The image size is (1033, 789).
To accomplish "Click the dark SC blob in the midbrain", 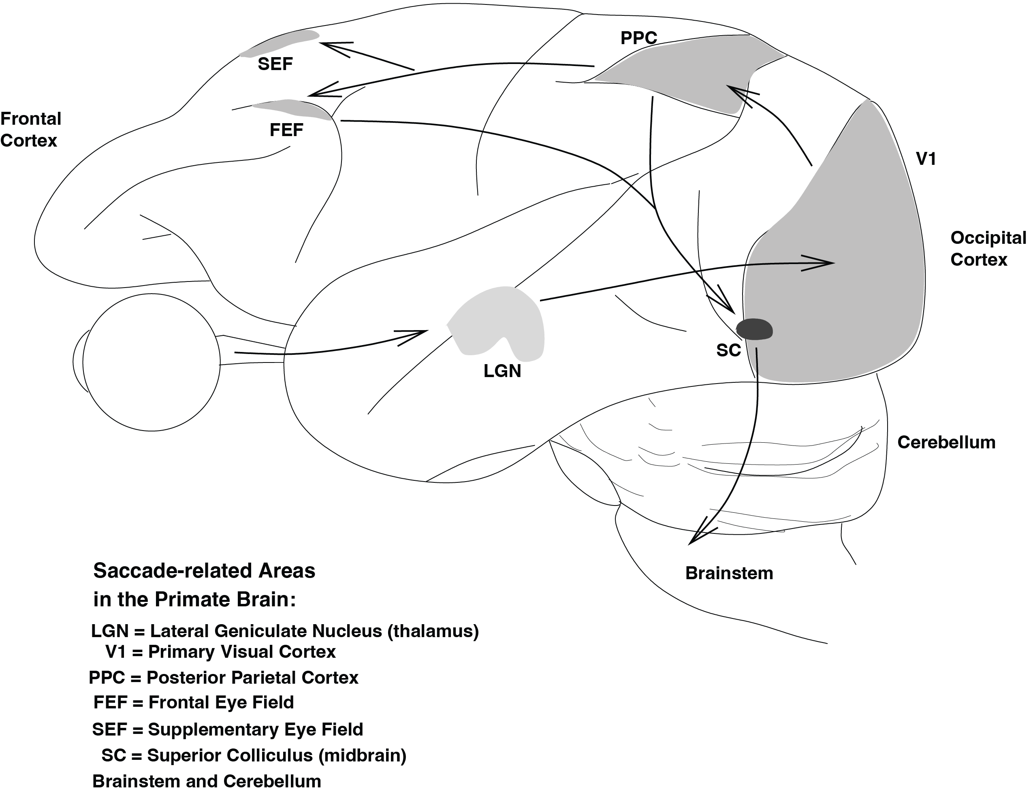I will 754,329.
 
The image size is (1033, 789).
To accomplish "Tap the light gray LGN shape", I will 498,319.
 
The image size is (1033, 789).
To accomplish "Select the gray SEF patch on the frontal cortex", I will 280,43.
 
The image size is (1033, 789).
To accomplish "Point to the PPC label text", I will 638,38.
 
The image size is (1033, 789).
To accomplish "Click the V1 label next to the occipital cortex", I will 926,159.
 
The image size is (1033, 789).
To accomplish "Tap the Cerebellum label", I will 946,442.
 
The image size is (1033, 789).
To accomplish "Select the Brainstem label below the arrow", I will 729,574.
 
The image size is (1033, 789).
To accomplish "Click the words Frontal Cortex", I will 30,130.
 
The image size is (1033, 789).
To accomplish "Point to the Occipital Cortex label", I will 988,249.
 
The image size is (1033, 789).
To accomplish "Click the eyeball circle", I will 151,362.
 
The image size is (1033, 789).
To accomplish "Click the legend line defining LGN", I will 285,631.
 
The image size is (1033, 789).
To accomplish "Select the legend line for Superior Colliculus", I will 254,755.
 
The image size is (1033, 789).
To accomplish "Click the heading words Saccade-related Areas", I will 204,571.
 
